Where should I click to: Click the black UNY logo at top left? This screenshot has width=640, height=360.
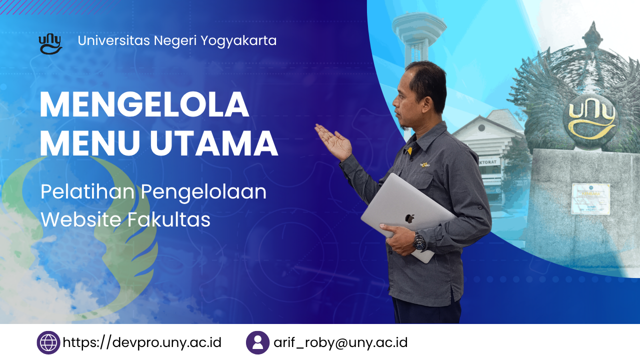(50, 44)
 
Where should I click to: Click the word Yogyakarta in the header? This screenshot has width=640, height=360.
(238, 41)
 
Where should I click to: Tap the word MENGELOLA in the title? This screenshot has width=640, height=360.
(144, 104)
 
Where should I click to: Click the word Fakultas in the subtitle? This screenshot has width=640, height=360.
(169, 219)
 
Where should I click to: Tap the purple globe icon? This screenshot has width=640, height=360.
(48, 342)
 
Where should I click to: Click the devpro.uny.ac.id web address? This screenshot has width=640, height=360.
(142, 342)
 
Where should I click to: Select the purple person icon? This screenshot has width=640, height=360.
(257, 342)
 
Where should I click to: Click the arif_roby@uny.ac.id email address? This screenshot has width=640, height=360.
(340, 342)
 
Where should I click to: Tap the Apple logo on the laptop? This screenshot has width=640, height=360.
(409, 218)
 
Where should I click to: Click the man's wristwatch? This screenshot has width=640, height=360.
(419, 241)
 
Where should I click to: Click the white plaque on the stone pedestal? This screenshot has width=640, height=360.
(590, 199)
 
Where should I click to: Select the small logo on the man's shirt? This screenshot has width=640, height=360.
(425, 164)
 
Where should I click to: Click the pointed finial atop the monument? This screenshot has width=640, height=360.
(593, 33)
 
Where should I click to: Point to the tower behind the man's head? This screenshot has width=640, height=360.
(418, 39)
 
